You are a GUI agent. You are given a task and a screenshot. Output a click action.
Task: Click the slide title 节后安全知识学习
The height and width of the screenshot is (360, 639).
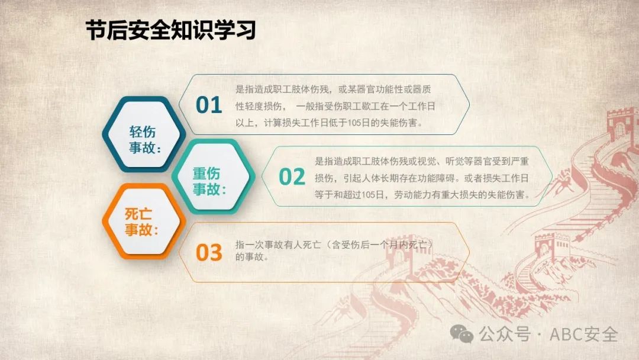pyautogui.click(x=171, y=30)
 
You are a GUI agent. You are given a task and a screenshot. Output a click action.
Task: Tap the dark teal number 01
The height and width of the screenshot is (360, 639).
pyautogui.click(x=209, y=105)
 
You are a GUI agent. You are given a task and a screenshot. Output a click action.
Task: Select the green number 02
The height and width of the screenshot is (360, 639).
pyautogui.click(x=292, y=177)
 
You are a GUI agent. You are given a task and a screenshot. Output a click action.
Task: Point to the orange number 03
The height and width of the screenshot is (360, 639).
pyautogui.click(x=209, y=252)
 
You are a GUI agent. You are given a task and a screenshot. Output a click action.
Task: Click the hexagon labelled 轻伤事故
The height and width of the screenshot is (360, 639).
pyautogui.click(x=144, y=134)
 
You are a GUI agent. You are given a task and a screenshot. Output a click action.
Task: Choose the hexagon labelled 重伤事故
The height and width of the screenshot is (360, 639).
pyautogui.click(x=213, y=176)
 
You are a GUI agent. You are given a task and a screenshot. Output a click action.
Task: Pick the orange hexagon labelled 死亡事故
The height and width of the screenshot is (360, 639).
pyautogui.click(x=144, y=221)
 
